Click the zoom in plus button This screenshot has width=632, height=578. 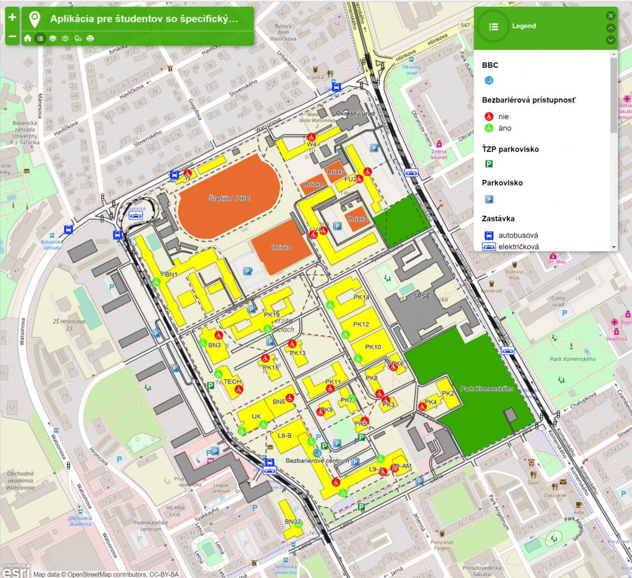(12, 17)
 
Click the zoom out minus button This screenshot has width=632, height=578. (12, 37)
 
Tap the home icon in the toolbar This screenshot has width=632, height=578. (28, 38)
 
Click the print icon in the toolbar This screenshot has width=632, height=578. (91, 38)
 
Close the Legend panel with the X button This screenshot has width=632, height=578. (610, 15)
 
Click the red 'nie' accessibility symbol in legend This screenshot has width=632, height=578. (489, 116)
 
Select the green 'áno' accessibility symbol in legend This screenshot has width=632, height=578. (489, 128)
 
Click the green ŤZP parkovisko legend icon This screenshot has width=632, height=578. (489, 164)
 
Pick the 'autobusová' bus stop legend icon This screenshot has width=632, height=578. (489, 235)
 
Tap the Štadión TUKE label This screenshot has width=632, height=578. (220, 199)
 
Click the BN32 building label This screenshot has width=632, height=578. (293, 521)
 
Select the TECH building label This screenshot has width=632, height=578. (232, 382)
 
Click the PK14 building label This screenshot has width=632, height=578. (361, 297)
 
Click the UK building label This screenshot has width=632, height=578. (256, 416)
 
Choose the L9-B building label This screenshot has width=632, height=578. (285, 436)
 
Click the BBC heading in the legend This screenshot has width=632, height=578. (490, 65)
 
